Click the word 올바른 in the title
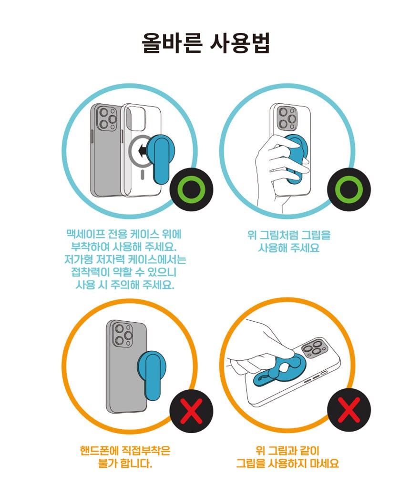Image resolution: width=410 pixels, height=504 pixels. click(172, 43)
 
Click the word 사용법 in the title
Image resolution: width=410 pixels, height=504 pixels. click(240, 43)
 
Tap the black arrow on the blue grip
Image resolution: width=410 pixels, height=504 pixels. click(141, 150)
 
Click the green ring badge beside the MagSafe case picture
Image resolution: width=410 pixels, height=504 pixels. click(191, 189)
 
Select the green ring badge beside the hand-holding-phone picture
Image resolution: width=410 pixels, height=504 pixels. click(349, 189)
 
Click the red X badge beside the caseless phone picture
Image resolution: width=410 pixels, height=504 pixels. click(191, 411)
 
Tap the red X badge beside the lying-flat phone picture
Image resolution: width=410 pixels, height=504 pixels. click(349, 410)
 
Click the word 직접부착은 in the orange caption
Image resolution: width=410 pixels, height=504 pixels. click(145, 451)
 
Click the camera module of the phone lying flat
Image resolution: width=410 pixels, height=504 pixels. click(315, 348)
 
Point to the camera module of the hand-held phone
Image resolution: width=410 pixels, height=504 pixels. click(287, 119)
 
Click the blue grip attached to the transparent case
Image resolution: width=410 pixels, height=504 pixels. click(160, 159)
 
